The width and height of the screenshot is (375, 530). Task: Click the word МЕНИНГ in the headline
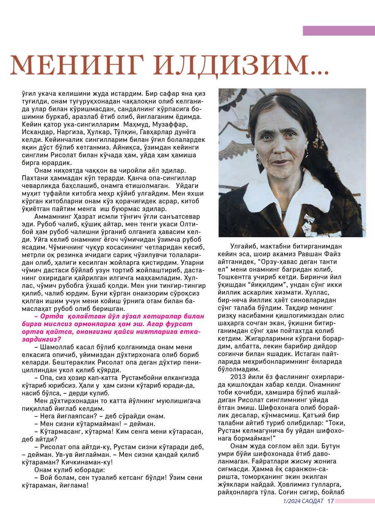point(76,65)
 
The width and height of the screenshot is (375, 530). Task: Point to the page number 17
point(330,501)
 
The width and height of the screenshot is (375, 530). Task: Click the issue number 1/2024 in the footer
point(292,501)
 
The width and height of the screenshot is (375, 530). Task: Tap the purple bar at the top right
point(338,31)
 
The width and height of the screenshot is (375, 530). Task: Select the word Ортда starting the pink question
point(51,316)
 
